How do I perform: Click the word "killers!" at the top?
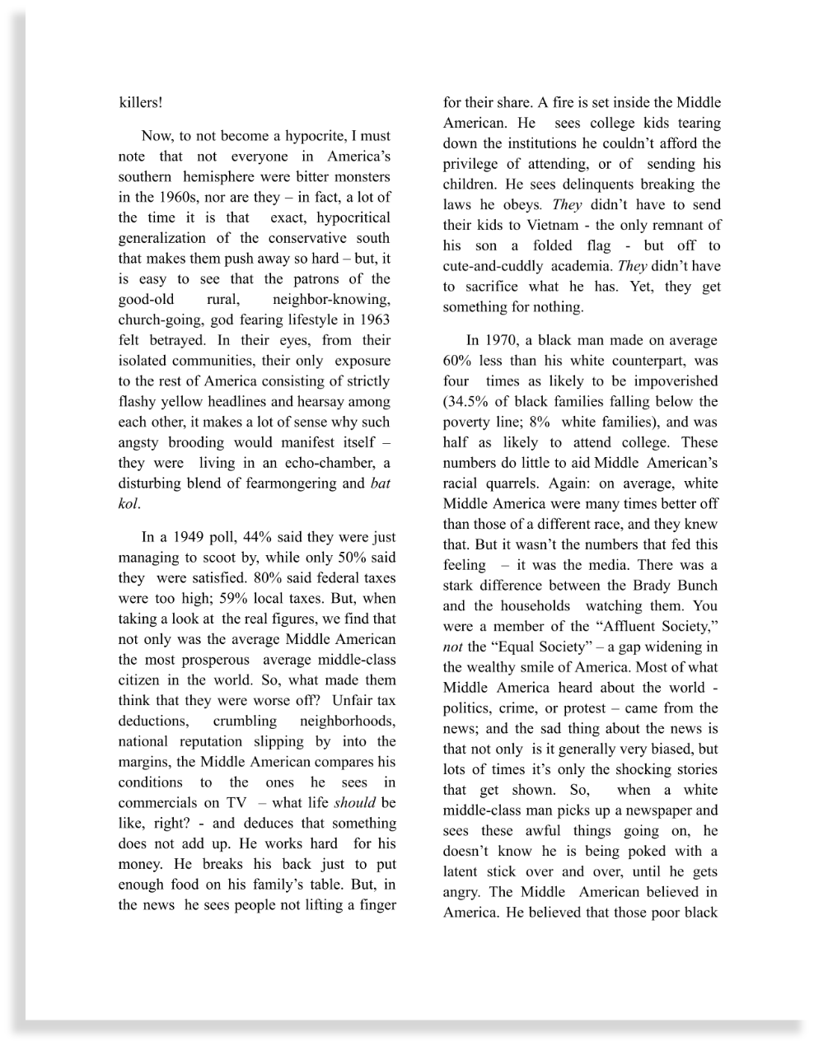140,103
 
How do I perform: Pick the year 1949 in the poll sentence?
189,537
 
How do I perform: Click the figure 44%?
257,537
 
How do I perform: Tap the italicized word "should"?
354,803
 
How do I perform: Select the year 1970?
503,340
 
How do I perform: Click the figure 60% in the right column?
458,361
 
